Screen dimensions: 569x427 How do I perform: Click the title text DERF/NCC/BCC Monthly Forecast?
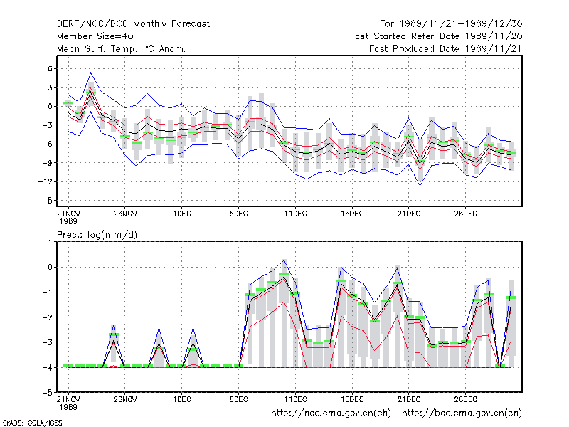coord(133,24)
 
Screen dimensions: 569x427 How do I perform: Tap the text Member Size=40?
coord(95,36)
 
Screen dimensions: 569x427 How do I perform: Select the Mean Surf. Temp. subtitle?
coord(121,48)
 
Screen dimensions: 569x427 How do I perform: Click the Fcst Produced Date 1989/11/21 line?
coord(445,48)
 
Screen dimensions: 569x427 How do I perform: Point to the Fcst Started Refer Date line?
coord(436,36)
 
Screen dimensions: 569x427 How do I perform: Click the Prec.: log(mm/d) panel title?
coord(97,235)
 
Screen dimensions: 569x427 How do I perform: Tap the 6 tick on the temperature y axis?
coord(50,68)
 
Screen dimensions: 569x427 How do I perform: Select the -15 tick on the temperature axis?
coord(45,201)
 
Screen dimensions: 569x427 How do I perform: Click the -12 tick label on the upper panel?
coord(45,181)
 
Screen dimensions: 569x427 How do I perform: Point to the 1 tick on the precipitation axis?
coord(50,242)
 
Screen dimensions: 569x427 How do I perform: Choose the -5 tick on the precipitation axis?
coord(48,393)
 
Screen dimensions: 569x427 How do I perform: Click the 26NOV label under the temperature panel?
coord(125,213)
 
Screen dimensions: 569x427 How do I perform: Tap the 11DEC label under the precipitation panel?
coord(295,399)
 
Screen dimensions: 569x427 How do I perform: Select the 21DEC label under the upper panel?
coord(408,213)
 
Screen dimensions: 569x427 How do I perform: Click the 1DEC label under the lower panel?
coord(182,399)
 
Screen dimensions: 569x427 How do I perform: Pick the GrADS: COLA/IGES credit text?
coord(32,423)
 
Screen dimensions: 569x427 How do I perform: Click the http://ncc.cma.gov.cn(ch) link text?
coord(331,413)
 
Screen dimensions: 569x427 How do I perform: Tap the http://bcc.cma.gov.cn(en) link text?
coord(462,413)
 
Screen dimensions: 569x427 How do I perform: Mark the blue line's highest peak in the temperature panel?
coord(91,73)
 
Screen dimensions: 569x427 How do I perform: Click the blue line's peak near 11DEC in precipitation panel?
coord(284,260)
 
